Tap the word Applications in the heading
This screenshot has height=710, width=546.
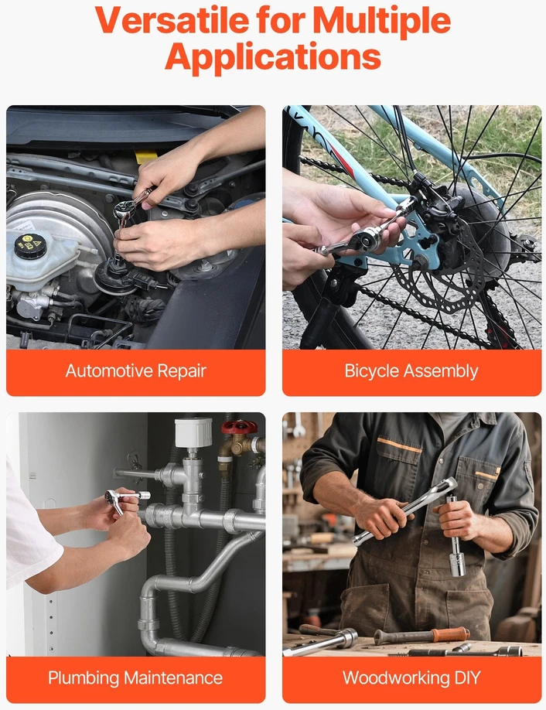click(273, 57)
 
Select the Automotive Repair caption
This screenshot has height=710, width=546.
click(136, 371)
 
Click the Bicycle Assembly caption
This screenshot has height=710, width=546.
click(411, 371)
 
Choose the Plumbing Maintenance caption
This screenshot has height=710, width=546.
click(135, 678)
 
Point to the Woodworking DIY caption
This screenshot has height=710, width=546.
click(411, 678)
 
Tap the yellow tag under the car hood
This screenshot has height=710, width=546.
click(146, 157)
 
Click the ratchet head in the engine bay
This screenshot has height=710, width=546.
click(123, 209)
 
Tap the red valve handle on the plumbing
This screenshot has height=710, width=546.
click(239, 427)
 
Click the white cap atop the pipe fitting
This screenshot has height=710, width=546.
click(193, 432)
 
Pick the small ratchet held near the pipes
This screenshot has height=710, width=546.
click(125, 499)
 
